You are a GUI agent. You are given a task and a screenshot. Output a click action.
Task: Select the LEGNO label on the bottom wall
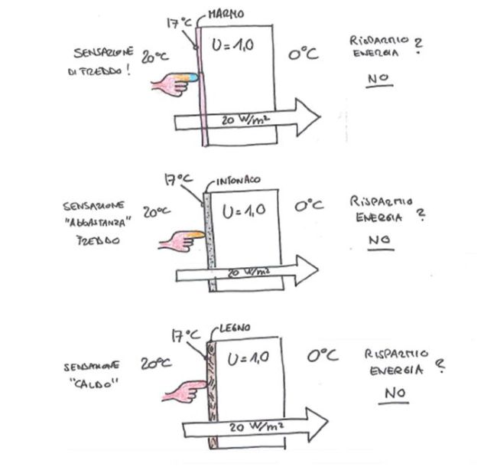pyautogui.click(x=233, y=328)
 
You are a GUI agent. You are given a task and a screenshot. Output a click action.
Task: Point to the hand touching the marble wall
pyautogui.click(x=174, y=81)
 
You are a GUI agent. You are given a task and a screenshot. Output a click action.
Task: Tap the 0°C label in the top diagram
pyautogui.click(x=304, y=54)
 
